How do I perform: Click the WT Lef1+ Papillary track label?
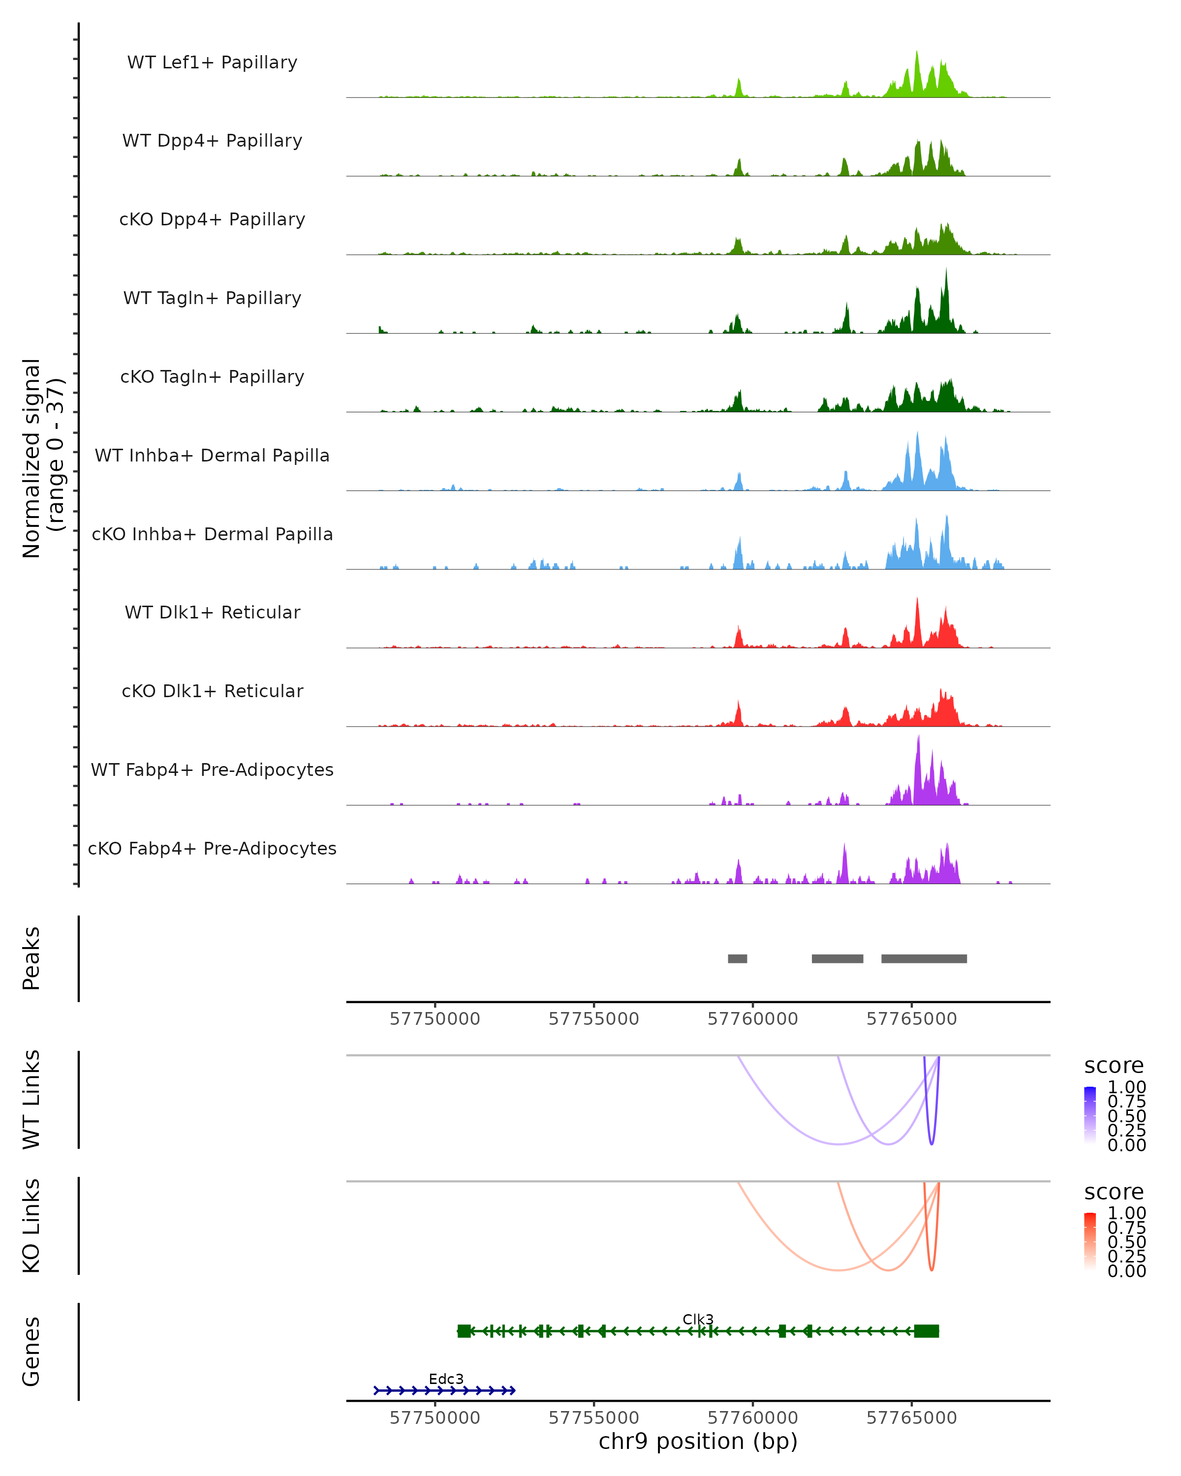click(x=212, y=62)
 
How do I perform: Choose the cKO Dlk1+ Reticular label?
click(x=212, y=691)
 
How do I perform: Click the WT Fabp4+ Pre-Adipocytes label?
click(x=212, y=769)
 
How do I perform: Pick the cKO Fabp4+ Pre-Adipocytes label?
click(x=212, y=848)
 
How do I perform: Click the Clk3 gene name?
click(x=698, y=1319)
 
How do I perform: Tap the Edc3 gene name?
click(x=446, y=1379)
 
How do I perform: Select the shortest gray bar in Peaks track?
click(x=737, y=958)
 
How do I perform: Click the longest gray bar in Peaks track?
click(x=924, y=958)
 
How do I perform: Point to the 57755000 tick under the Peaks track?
click(x=593, y=1019)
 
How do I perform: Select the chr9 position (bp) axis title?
click(x=698, y=1441)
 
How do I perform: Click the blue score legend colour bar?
click(x=1090, y=1115)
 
